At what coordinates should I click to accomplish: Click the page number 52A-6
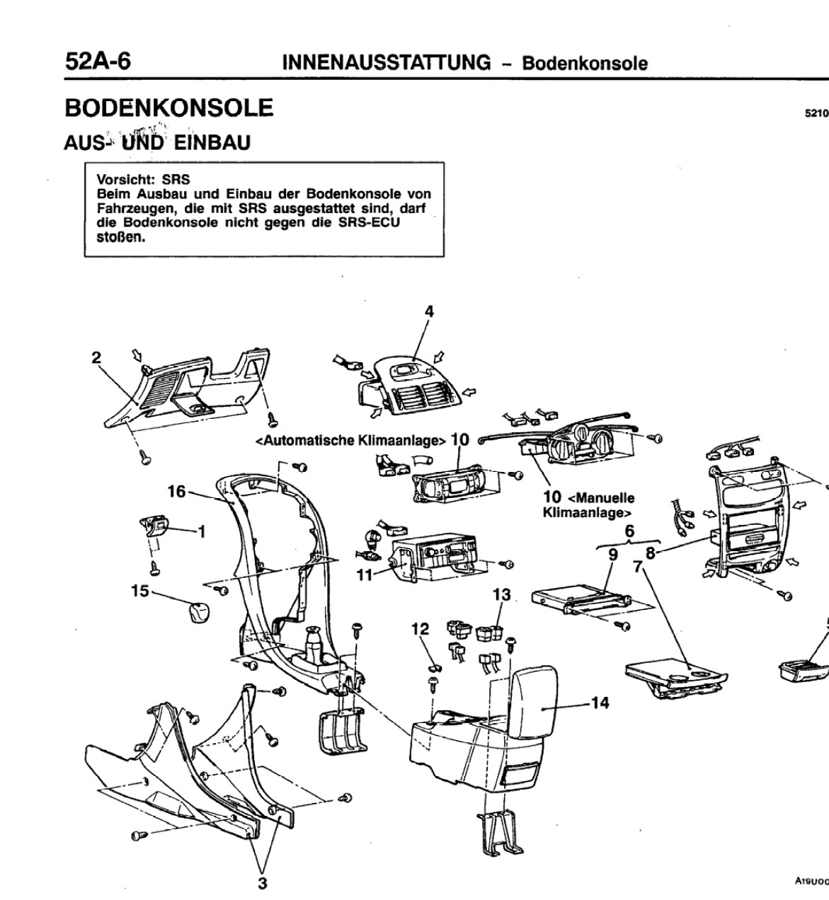pos(98,61)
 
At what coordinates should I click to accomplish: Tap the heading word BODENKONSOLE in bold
pos(168,108)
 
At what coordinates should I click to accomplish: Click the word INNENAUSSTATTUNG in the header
pos(386,62)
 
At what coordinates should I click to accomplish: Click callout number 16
pos(176,491)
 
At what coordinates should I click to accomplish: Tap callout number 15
pos(139,590)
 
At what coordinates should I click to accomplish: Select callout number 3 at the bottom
pos(262,883)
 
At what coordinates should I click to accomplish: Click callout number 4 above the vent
pos(429,311)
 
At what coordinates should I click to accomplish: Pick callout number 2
pos(96,357)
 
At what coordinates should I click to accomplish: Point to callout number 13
pos(501,594)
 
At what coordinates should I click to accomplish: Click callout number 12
pos(421,628)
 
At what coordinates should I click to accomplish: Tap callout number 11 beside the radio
pos(363,575)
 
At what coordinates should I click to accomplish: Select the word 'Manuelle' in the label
pos(606,497)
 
